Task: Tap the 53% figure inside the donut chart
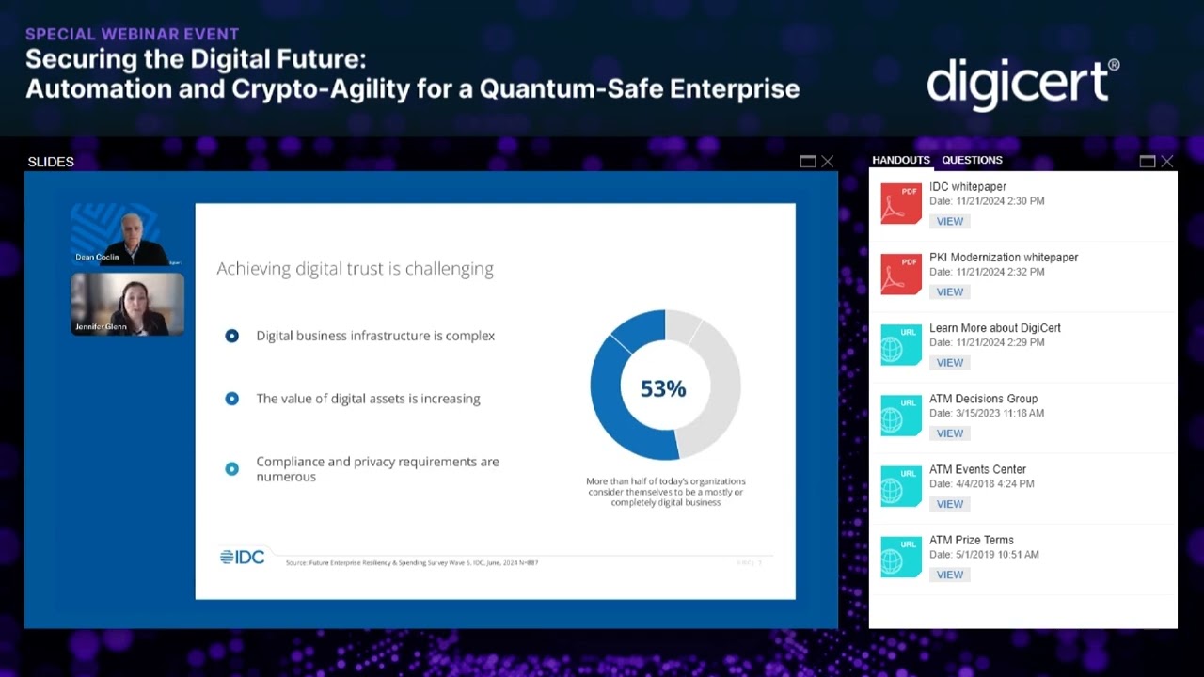pos(663,388)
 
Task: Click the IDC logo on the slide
pos(243,557)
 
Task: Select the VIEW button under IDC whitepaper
pos(949,221)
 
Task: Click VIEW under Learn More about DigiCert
pos(949,362)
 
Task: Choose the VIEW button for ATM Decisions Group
pos(949,433)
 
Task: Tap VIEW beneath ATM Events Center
pos(949,504)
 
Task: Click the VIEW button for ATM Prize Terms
pos(949,575)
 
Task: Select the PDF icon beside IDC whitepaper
pos(900,203)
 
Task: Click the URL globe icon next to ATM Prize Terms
pos(900,557)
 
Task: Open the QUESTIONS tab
pos(972,160)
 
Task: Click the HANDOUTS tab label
pos(900,160)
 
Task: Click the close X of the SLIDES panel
pos(828,162)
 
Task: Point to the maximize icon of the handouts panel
pos(1147,162)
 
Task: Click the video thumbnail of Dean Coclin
pos(127,234)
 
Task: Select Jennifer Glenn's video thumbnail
pos(127,304)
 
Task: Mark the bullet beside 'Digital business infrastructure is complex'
pos(232,336)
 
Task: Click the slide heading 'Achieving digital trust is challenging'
pos(355,269)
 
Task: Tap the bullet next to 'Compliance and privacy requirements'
pos(232,468)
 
